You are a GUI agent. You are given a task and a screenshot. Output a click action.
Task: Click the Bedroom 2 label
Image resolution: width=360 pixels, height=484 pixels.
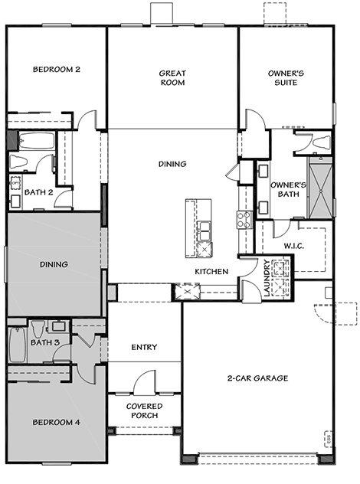click(57, 69)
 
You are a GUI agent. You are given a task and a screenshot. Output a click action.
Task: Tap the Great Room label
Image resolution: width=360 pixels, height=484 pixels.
click(172, 78)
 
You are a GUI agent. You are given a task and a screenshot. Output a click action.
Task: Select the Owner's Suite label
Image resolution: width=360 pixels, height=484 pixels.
click(286, 78)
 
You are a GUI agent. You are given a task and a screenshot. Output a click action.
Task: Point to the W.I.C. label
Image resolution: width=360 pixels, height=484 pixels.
click(294, 246)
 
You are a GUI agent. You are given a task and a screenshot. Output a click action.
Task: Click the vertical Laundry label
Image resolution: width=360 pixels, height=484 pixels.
click(267, 278)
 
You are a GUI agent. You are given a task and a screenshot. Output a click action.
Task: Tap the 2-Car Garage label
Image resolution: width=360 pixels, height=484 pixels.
click(258, 378)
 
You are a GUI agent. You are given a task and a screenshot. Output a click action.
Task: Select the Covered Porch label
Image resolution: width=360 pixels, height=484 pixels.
click(144, 410)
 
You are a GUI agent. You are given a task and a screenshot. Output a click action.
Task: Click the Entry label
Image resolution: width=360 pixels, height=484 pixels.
click(144, 347)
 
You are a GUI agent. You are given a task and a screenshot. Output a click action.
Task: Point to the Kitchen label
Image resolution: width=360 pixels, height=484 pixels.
click(211, 272)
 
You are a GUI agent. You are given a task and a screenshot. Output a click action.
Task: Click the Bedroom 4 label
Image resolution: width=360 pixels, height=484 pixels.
click(57, 422)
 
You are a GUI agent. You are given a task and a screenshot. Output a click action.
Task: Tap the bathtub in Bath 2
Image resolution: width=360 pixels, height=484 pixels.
click(37, 141)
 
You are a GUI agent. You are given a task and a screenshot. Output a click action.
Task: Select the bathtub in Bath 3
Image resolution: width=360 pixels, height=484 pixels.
click(18, 345)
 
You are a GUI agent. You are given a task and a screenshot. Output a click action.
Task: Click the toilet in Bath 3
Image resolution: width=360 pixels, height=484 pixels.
click(38, 329)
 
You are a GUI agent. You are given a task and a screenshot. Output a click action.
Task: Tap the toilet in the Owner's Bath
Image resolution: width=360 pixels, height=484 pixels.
click(321, 142)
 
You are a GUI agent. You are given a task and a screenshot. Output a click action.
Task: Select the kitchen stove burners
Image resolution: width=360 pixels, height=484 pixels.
click(244, 220)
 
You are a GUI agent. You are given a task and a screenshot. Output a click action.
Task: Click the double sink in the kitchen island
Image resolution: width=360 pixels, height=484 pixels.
click(204, 231)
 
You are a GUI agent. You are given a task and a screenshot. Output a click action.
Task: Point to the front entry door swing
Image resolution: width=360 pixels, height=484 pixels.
click(143, 381)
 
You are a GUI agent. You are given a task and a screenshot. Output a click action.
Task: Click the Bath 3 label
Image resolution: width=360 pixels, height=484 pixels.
click(45, 342)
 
